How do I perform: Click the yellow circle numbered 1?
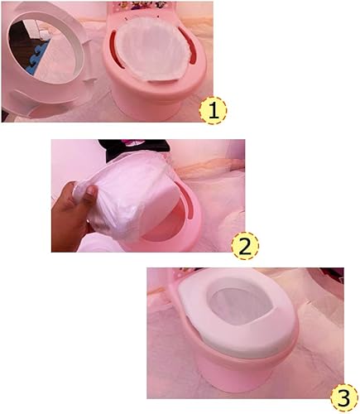(214, 110)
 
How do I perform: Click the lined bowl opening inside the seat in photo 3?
(243, 306)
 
